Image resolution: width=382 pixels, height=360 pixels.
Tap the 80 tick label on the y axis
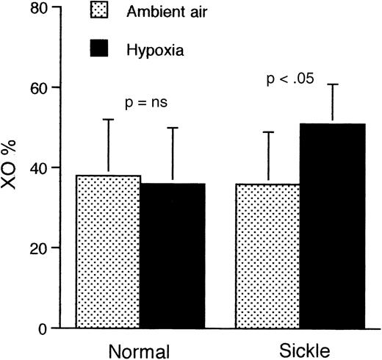(x=53, y=8)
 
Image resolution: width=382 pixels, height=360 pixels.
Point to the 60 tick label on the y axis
(x=53, y=88)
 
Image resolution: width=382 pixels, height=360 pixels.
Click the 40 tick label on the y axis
(x=53, y=168)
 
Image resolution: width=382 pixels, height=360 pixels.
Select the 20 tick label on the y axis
(x=53, y=248)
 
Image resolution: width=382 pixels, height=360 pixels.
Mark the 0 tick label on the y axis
(x=57, y=328)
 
